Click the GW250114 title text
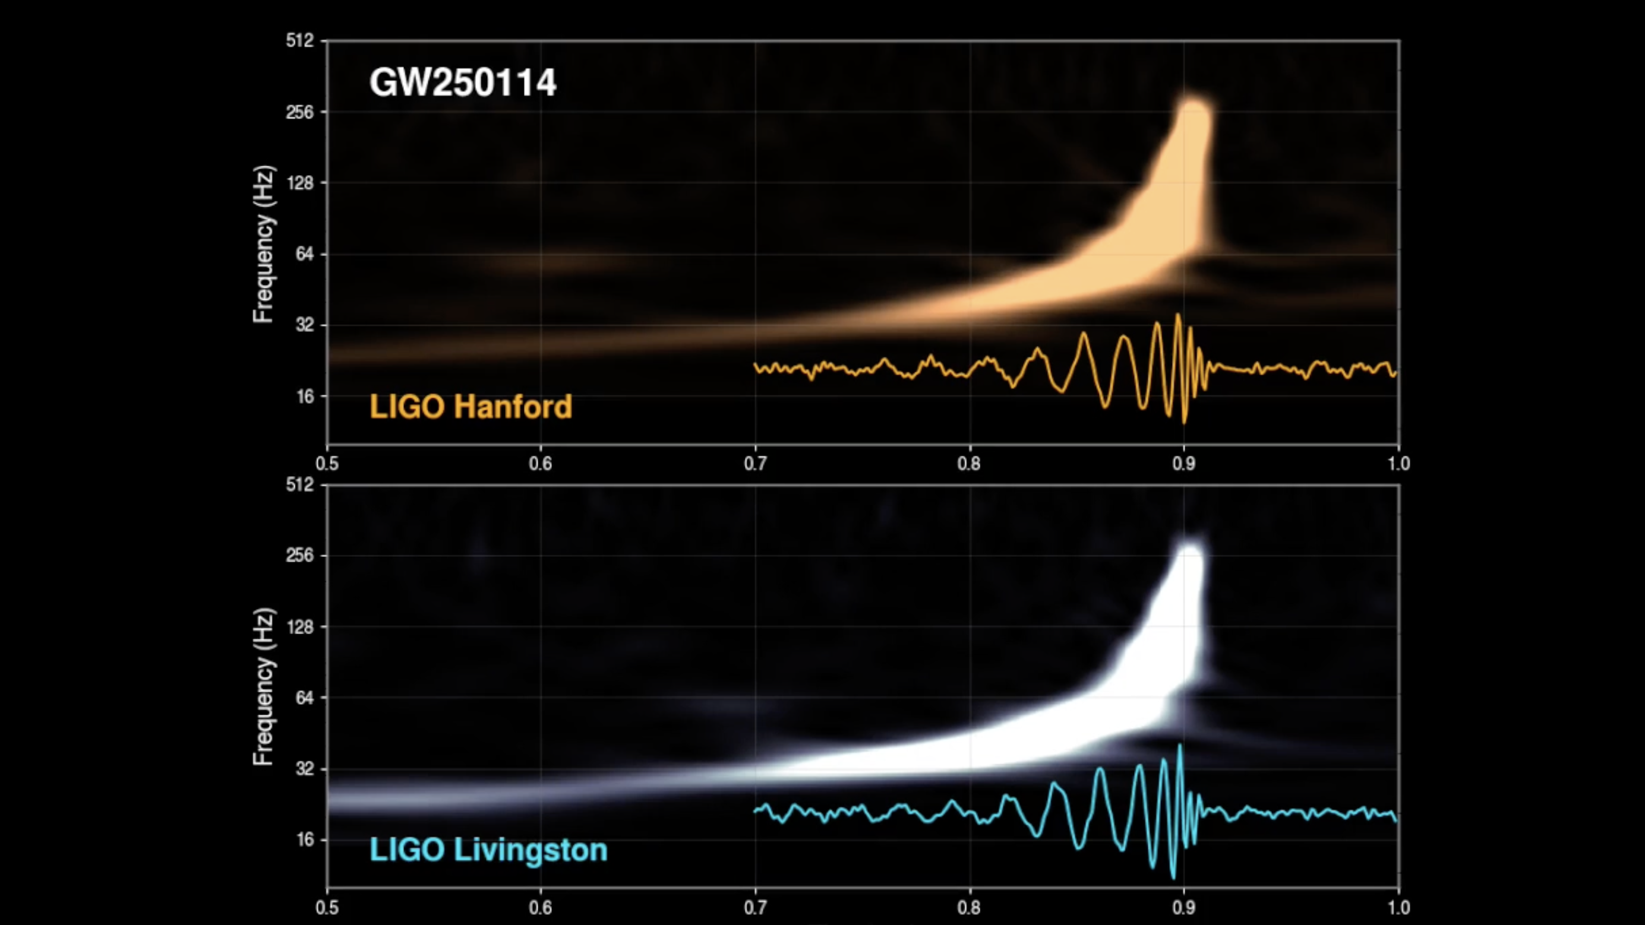(x=462, y=83)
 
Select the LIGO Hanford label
(x=471, y=407)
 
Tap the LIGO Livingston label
(x=488, y=850)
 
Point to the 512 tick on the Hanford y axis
(x=300, y=41)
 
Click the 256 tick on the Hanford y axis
(x=300, y=112)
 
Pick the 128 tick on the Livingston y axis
(x=300, y=627)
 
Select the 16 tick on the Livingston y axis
(x=305, y=840)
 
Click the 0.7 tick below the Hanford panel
(x=755, y=463)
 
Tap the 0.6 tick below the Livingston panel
(x=540, y=907)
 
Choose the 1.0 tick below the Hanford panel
(x=1398, y=463)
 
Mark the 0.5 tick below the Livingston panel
(x=327, y=907)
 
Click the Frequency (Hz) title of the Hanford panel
(x=263, y=245)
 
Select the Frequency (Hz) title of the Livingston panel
(x=263, y=686)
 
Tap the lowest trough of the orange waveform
(x=1185, y=422)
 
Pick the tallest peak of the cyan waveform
(x=1179, y=746)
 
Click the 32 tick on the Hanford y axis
(x=304, y=325)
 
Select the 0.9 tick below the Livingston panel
(x=1183, y=907)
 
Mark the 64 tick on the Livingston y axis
(x=304, y=698)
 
